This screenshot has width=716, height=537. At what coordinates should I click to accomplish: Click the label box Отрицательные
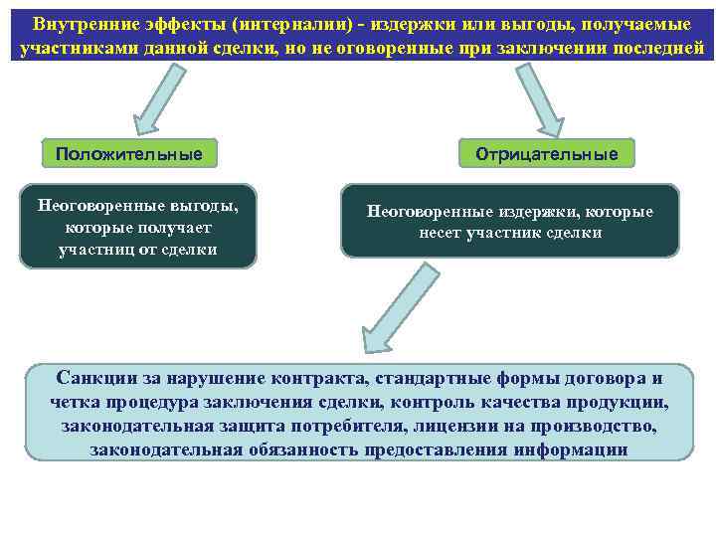pyautogui.click(x=547, y=154)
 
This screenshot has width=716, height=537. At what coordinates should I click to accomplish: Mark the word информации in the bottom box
pyautogui.click(x=571, y=449)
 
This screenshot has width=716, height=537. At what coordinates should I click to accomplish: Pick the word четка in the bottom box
pyautogui.click(x=77, y=403)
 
